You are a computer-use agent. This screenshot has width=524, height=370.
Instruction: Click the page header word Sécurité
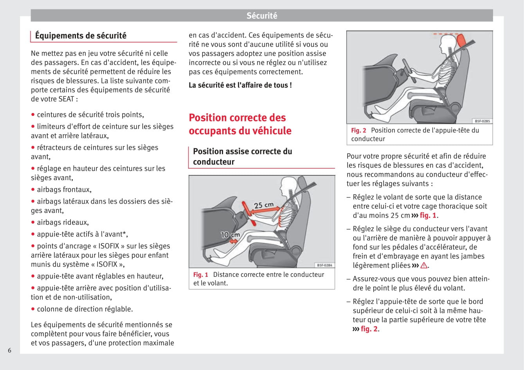[x=262, y=16]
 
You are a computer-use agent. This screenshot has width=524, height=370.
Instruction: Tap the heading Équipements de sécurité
[x=81, y=36]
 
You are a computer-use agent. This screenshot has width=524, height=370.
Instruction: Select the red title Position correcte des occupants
[x=240, y=124]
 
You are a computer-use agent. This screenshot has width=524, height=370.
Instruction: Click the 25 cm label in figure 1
[x=264, y=205]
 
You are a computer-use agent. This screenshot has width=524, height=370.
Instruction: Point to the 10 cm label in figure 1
[x=230, y=235]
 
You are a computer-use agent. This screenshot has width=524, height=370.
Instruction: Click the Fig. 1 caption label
[x=201, y=275]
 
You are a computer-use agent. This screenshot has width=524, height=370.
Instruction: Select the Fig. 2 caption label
[x=358, y=130]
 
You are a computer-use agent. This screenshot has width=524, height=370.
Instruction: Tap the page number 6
[x=10, y=350]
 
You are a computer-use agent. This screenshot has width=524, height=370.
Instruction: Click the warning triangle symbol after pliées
[x=424, y=265]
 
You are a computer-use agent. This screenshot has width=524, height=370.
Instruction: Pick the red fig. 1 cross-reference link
[x=428, y=215]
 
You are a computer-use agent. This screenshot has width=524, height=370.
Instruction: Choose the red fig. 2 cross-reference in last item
[x=369, y=329]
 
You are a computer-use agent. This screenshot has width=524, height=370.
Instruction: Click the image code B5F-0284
[x=324, y=265]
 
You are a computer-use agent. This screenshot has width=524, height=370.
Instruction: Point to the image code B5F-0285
[x=482, y=121]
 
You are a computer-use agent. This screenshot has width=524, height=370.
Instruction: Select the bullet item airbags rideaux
[x=63, y=222]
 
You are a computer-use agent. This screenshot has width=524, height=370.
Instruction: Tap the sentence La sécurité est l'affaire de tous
[x=240, y=85]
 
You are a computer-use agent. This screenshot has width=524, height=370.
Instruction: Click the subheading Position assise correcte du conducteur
[x=243, y=156]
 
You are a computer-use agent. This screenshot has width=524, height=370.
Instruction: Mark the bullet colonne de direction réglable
[x=85, y=309]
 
